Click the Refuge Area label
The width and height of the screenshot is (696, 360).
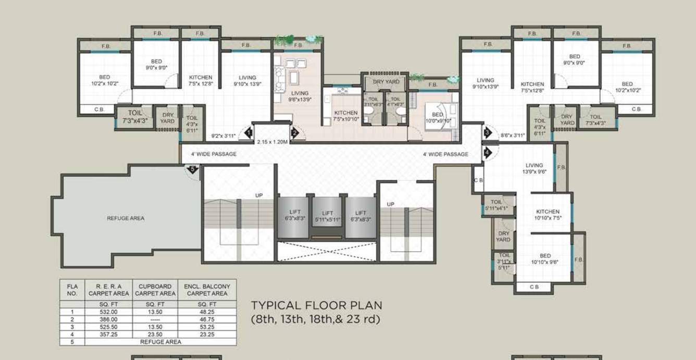pos(126,218)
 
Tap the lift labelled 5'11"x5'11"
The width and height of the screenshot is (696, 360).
pos(327,216)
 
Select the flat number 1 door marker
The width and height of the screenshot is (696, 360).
pos(248,133)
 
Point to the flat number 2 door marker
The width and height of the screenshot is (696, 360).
pos(294,133)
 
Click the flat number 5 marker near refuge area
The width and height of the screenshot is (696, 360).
pos(192,169)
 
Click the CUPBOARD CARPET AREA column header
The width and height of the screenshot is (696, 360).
pos(155,290)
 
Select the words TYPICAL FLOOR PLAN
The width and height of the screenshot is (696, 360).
pos(316,305)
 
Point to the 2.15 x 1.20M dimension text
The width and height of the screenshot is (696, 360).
pos(272,141)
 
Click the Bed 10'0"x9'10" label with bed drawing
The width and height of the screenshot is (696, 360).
pos(438,118)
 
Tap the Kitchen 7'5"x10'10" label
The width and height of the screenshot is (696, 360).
pos(346,116)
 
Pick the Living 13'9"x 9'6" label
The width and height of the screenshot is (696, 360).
pos(534,168)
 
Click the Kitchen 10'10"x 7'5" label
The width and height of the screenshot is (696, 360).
pos(548,215)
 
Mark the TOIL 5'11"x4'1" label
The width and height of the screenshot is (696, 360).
pos(496,205)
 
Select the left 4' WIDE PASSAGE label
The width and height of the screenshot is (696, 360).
pos(214,154)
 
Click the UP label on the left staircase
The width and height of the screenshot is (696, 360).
pos(259,195)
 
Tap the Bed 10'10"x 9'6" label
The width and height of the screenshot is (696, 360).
pos(545,259)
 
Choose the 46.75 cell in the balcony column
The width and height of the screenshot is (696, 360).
pos(207,319)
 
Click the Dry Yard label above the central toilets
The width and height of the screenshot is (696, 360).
pos(386,82)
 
